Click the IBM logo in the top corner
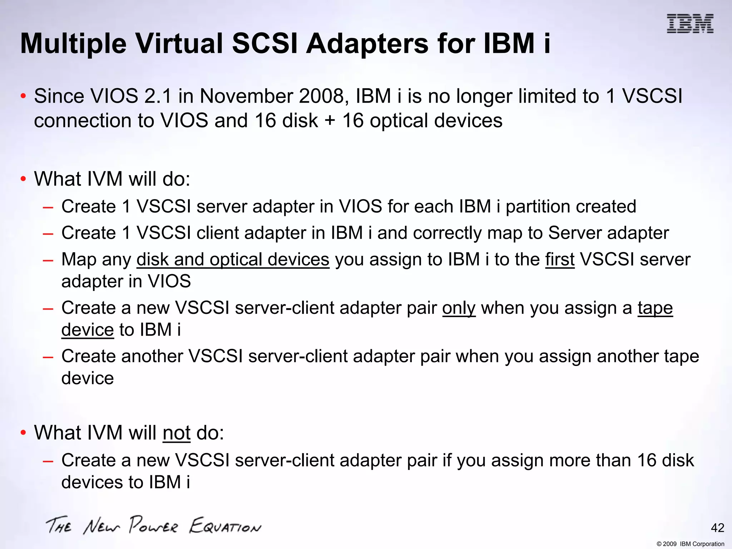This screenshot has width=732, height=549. pos(690,24)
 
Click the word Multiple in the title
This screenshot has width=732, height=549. pos(73,44)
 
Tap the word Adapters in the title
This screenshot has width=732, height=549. pos(368,44)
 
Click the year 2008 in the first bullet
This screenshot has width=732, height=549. pos(323,96)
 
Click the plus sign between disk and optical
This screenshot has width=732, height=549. pos(330,121)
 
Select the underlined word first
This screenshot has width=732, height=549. pos(560,259)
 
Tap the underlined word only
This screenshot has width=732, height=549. pos(459,308)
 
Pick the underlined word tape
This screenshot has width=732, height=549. pos(655,308)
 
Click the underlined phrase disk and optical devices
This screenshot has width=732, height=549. pos(233,259)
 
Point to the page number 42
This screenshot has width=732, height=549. pos(717,528)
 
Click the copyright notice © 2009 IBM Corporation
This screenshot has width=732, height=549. pos(690,544)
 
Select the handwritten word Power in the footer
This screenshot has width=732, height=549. pos(153,525)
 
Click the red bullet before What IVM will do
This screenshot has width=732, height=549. pos(23,179)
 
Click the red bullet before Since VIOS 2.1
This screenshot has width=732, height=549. pos(23,96)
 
